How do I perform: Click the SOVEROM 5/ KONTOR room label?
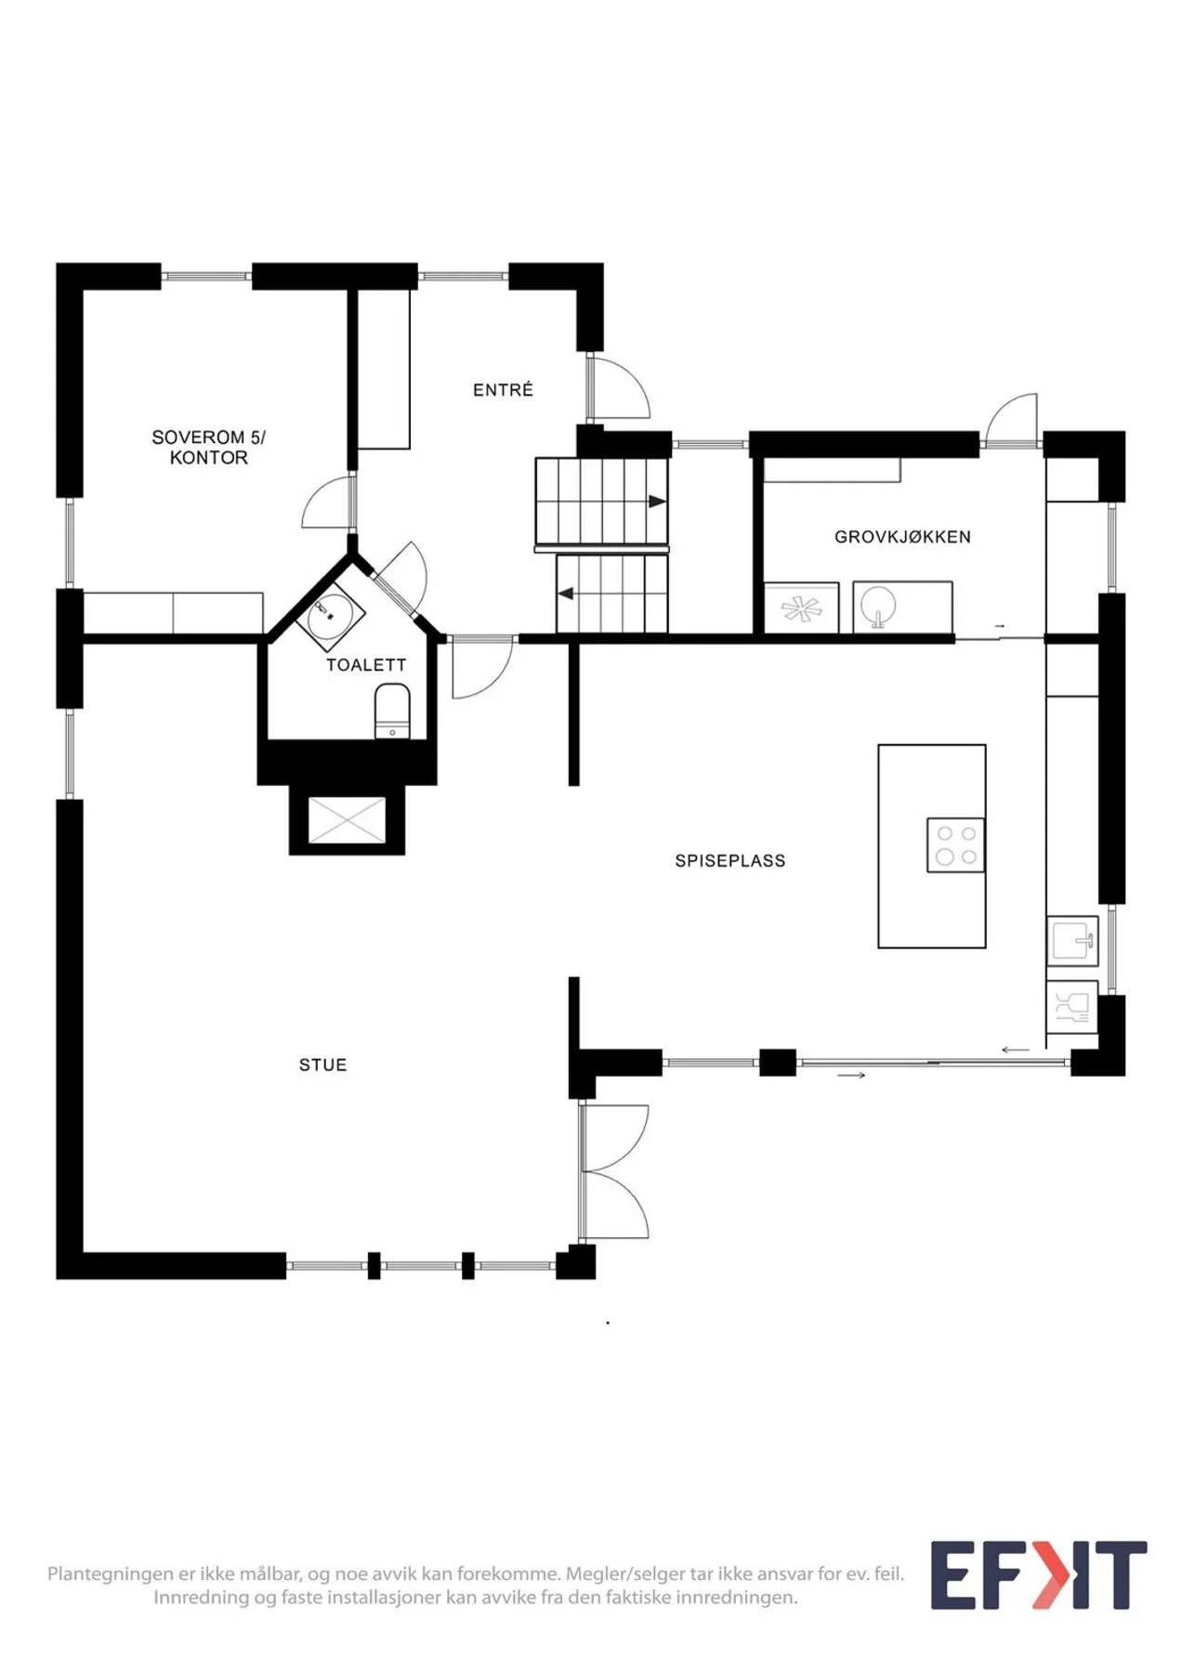point(208,447)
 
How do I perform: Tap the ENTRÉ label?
point(503,390)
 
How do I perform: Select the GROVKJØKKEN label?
point(902,537)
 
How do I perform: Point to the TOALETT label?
point(366,665)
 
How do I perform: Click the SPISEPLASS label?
point(730,861)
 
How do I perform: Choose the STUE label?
point(322,1065)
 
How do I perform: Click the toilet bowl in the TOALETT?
point(392,711)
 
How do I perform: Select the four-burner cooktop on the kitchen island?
point(956,845)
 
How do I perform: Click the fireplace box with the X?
point(347,820)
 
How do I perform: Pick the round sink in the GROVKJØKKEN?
point(877,607)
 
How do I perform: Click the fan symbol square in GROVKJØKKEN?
point(801,608)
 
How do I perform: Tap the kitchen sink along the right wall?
point(1073,941)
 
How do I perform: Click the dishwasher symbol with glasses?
point(1073,1008)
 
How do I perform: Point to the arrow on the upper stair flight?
point(657,502)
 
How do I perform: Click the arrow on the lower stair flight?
point(565,594)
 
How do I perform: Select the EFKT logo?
point(1039,1575)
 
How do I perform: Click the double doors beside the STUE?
point(613,1172)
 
